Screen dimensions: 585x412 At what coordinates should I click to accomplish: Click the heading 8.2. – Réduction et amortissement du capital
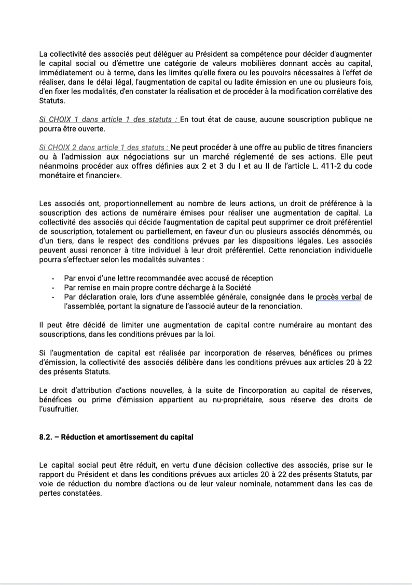(116, 437)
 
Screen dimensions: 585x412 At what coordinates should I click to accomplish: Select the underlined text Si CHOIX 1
(60, 119)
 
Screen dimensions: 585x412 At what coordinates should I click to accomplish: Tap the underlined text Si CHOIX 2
(61, 148)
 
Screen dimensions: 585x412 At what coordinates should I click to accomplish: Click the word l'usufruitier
(59, 409)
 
